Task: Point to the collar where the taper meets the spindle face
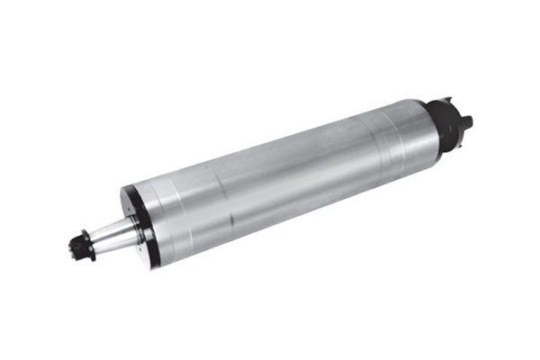[133, 228]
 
